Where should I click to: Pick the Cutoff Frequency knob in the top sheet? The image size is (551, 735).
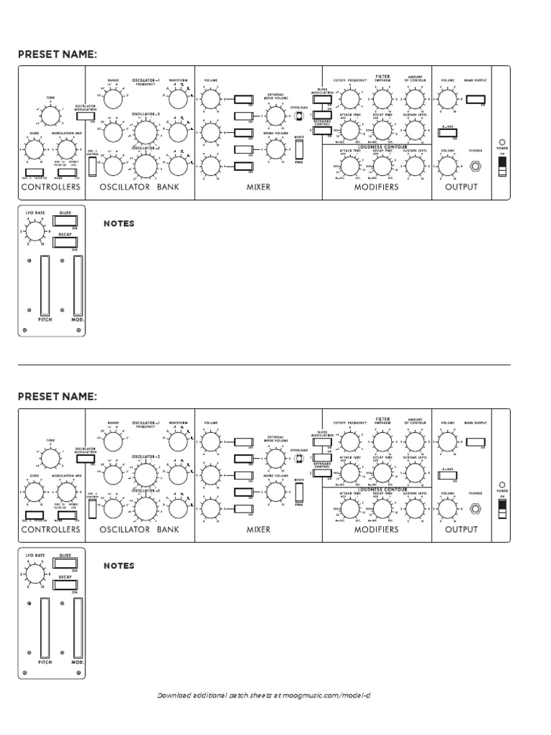click(x=349, y=100)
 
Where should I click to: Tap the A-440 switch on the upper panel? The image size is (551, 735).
click(x=448, y=132)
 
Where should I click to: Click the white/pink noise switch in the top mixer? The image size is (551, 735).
click(x=299, y=149)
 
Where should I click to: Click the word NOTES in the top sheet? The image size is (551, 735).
click(x=118, y=224)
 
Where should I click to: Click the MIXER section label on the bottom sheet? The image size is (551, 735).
click(x=258, y=529)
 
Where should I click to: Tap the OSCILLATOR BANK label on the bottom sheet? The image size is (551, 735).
click(x=140, y=529)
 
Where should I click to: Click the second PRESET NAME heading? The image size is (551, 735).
click(x=57, y=395)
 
